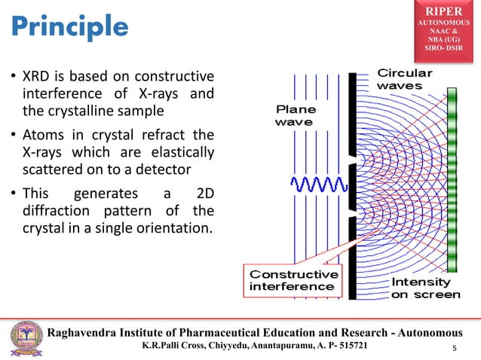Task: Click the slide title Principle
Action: tap(69, 26)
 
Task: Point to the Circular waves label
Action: tap(405, 79)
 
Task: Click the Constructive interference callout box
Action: tap(283, 279)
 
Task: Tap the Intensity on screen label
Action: tap(424, 288)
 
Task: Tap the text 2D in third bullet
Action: tap(202, 193)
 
